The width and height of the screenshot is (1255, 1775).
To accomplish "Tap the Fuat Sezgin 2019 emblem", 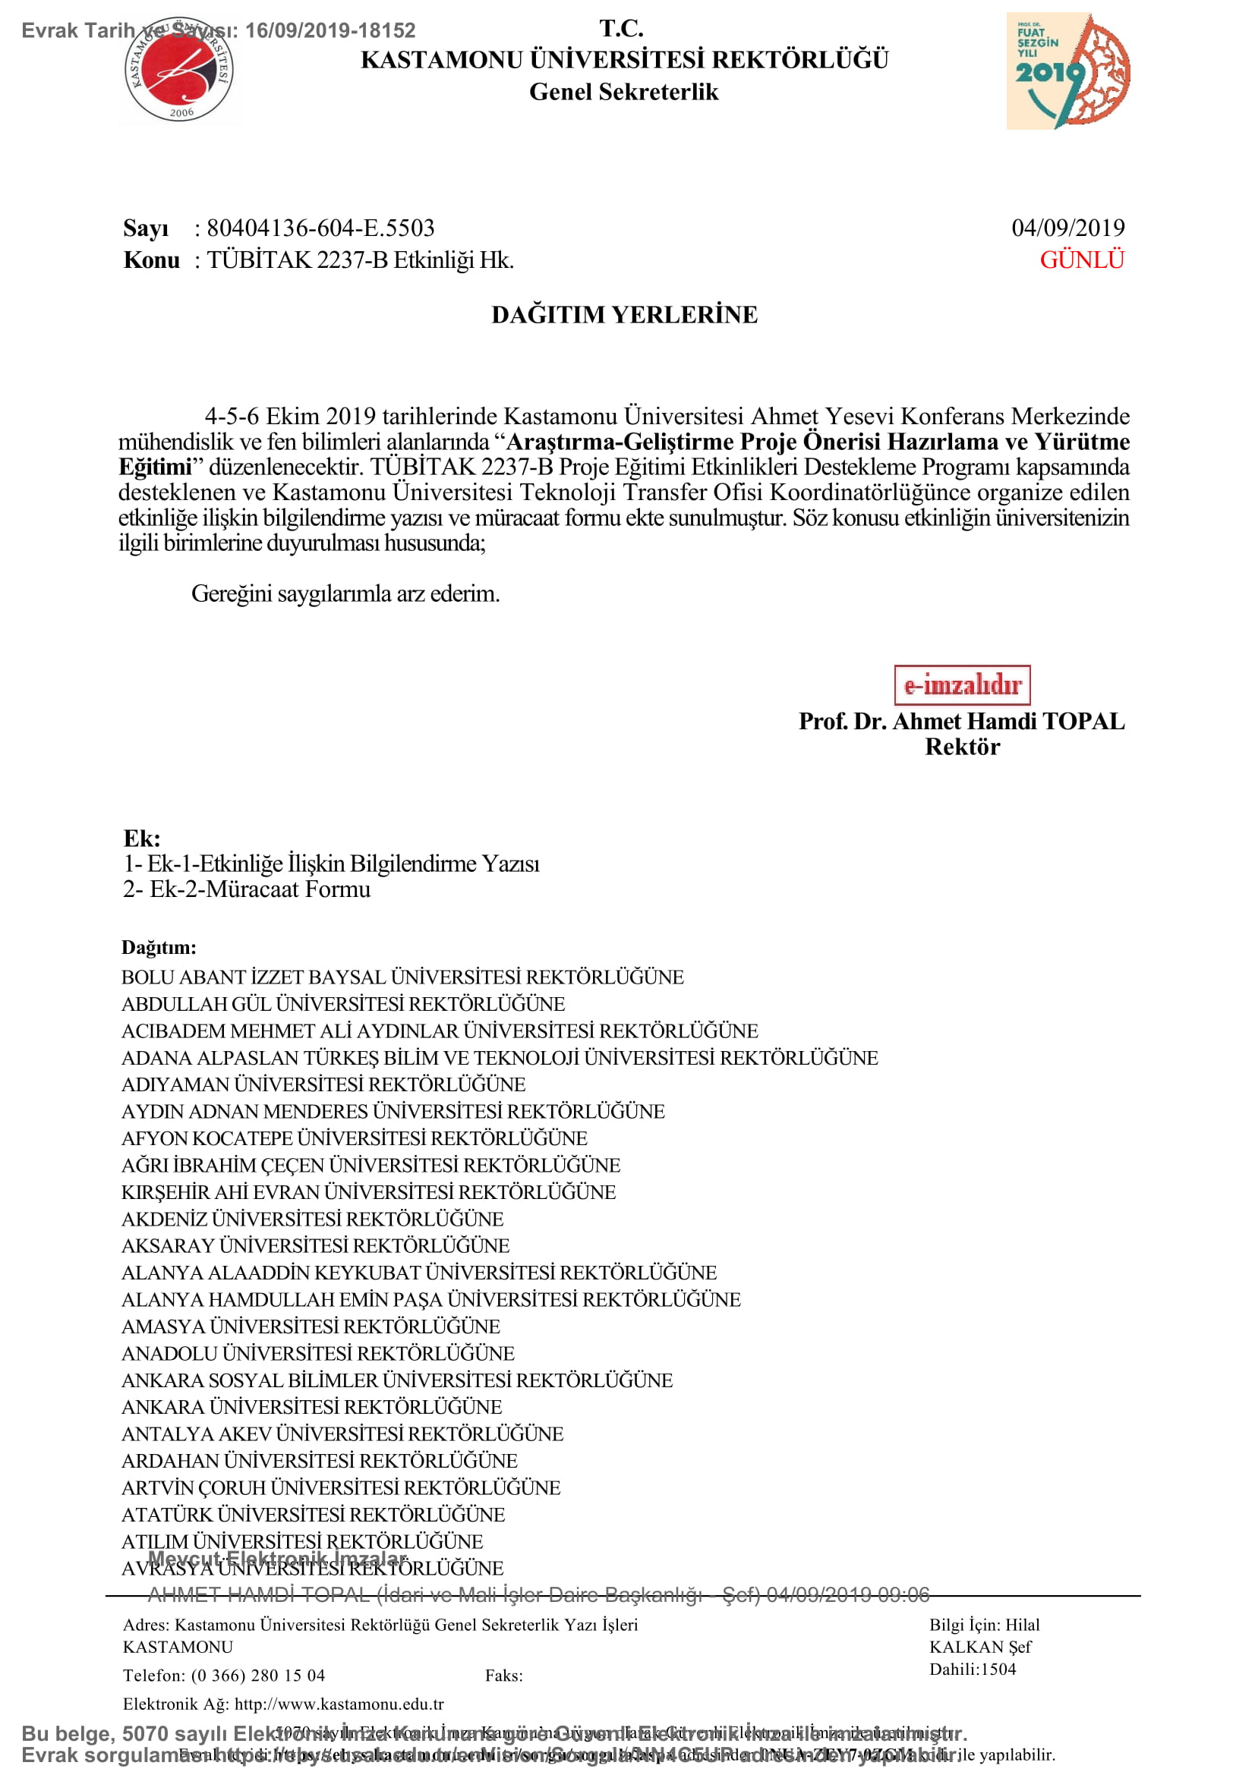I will click(1068, 71).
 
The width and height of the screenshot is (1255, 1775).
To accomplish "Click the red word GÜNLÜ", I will click(1081, 260).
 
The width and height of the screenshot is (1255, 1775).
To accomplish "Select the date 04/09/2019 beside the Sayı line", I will click(1068, 228).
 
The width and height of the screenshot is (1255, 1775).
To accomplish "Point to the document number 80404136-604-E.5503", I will click(320, 228).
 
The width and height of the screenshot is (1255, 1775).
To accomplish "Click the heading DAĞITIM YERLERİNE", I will click(624, 315).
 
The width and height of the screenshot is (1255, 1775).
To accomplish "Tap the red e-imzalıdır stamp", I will click(962, 685).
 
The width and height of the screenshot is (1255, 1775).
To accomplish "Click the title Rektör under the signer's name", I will click(962, 747).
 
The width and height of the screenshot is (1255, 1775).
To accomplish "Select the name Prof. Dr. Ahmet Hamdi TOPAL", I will click(961, 721).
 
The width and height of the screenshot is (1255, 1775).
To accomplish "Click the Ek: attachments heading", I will click(141, 838).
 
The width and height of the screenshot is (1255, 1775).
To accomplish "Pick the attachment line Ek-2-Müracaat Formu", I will click(260, 889).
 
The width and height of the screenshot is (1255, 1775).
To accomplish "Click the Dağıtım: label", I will click(159, 947).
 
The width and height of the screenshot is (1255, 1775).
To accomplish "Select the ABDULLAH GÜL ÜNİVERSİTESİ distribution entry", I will click(342, 1003).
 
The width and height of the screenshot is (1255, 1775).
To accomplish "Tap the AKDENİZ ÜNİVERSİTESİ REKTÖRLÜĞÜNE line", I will click(311, 1219).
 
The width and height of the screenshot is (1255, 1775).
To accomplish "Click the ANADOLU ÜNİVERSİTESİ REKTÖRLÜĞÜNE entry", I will click(318, 1353).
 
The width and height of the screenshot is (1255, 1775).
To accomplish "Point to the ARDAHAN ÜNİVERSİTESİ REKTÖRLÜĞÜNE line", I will click(320, 1460).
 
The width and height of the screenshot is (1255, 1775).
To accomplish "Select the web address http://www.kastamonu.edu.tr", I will click(339, 1704).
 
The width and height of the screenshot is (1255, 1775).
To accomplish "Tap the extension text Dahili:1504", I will click(972, 1669).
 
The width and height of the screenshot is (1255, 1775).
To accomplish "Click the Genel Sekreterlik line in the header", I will click(623, 92).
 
